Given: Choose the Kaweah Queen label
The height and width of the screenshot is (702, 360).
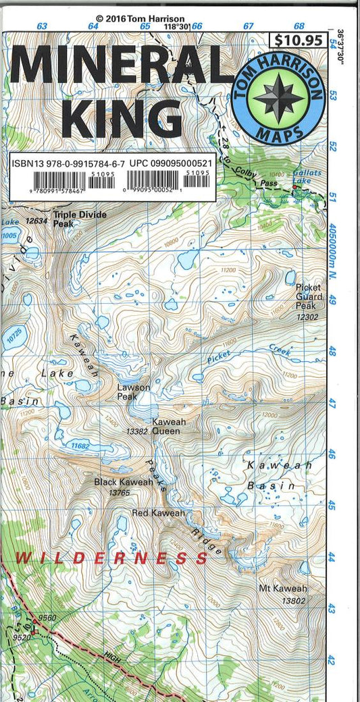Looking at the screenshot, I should [168, 426].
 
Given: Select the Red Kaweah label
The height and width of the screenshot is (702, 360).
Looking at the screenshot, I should [158, 514].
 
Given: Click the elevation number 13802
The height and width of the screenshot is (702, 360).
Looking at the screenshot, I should [294, 600].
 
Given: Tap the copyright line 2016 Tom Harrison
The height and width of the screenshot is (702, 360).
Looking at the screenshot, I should [140, 20].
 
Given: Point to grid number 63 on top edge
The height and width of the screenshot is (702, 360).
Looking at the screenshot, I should [42, 26].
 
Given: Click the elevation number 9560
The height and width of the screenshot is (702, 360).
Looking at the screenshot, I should [47, 617].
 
